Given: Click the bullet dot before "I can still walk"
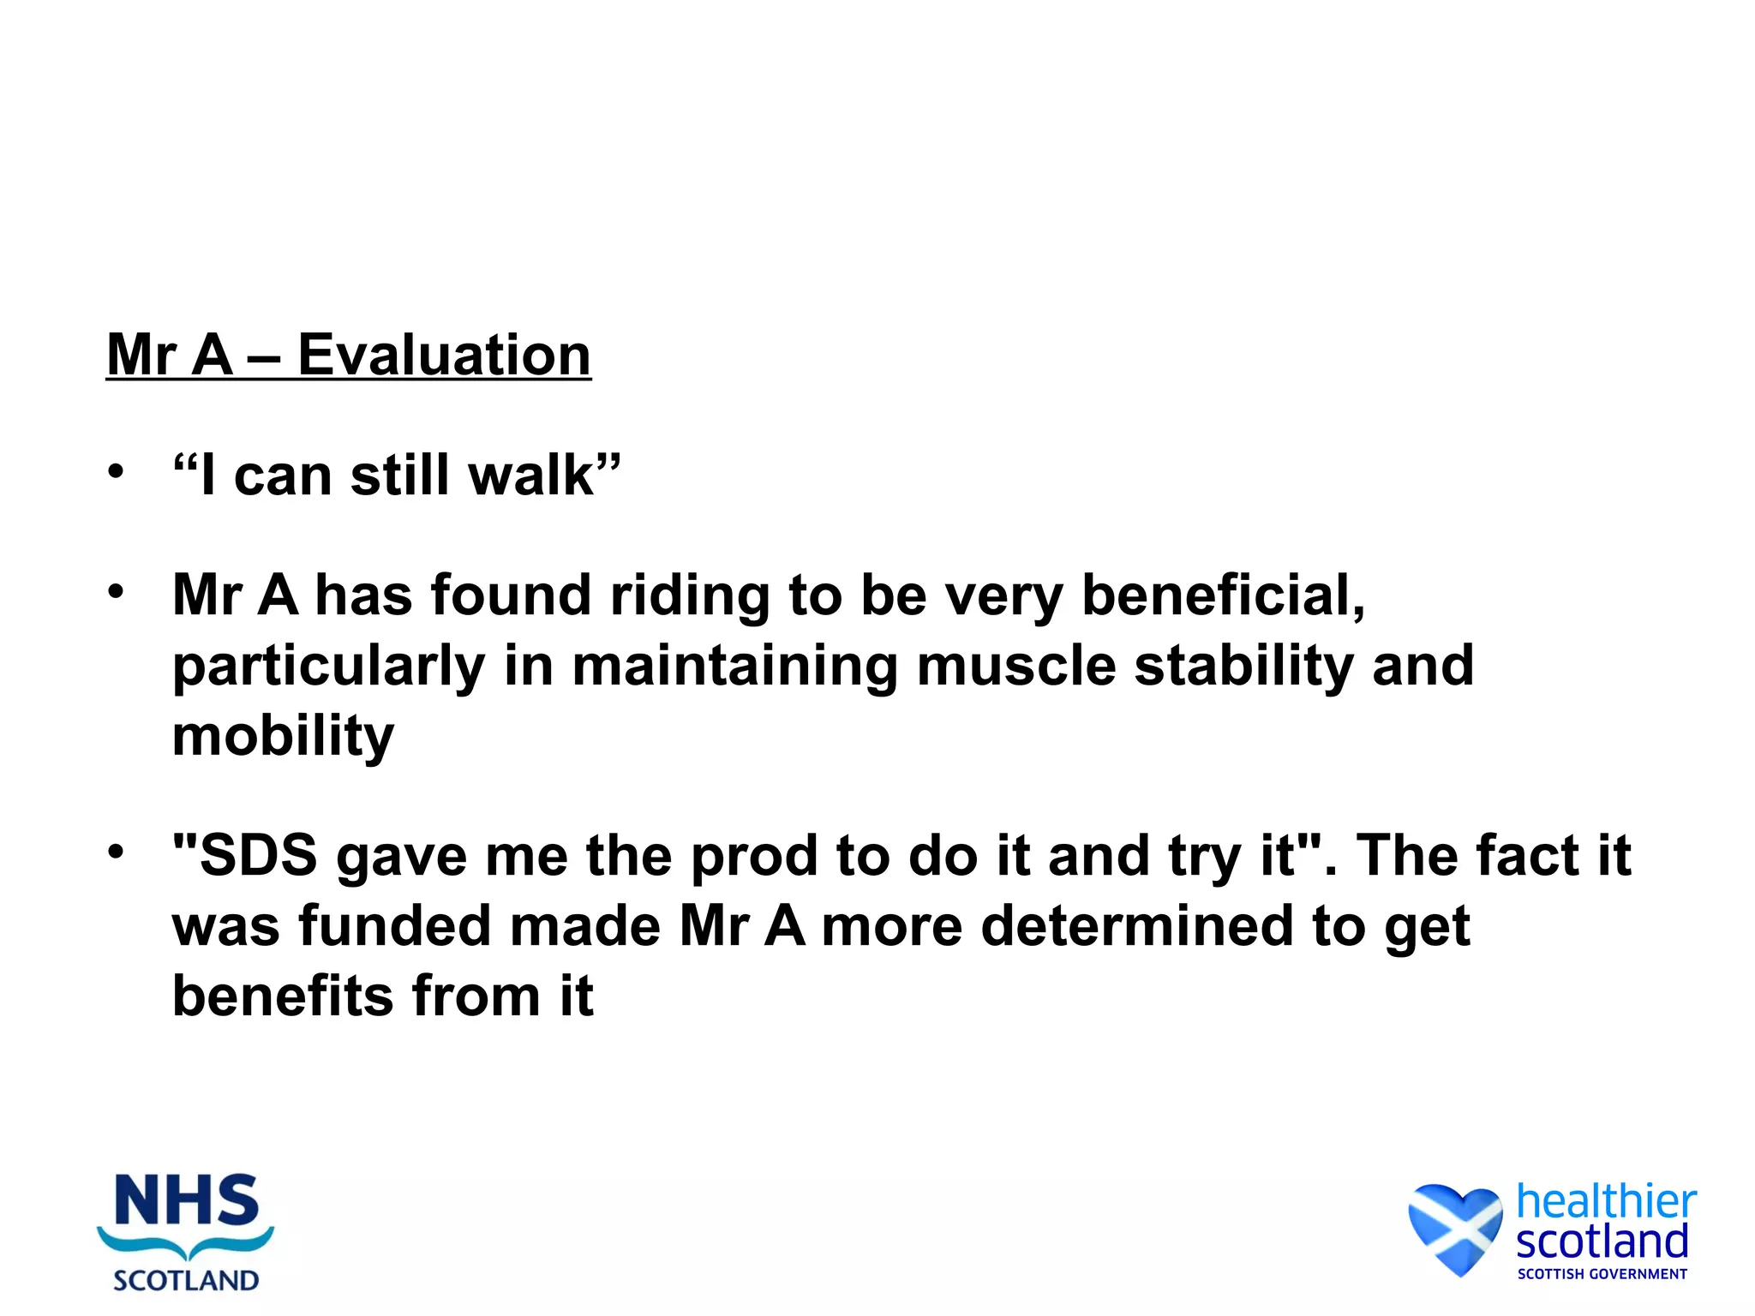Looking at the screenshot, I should [x=117, y=472].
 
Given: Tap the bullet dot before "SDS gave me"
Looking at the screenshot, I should [x=117, y=852].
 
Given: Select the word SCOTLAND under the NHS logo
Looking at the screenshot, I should [x=186, y=1280].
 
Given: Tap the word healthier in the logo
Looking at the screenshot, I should [x=1606, y=1201].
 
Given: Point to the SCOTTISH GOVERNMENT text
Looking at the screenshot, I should [x=1602, y=1274].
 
